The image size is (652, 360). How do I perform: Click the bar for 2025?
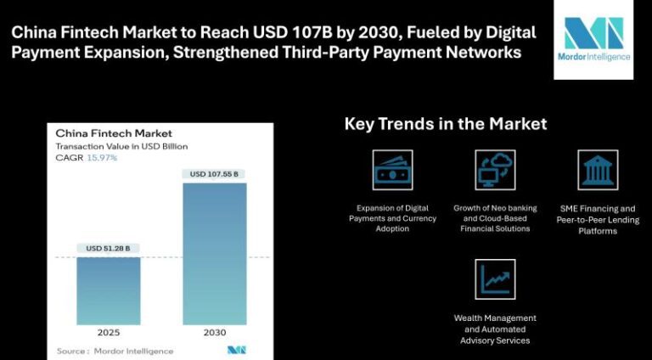pyautogui.click(x=108, y=290)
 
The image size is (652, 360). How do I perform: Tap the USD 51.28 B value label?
pyautogui.click(x=108, y=248)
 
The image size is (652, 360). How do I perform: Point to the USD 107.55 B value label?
pyautogui.click(x=215, y=174)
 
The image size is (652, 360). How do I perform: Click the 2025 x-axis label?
pyautogui.click(x=108, y=333)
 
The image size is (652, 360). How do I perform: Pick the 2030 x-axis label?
pyautogui.click(x=215, y=333)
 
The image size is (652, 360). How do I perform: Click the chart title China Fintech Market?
pyautogui.click(x=114, y=133)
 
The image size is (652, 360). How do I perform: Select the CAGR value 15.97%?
pyautogui.click(x=102, y=158)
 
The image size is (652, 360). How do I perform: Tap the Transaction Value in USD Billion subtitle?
pyautogui.click(x=121, y=146)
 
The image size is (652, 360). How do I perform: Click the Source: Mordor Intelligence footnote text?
pyautogui.click(x=115, y=351)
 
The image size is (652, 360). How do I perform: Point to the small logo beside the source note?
pyautogui.click(x=236, y=350)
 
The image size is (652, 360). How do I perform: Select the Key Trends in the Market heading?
pyautogui.click(x=445, y=124)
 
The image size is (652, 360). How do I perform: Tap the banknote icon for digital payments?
pyautogui.click(x=393, y=170)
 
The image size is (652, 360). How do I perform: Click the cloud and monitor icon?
pyautogui.click(x=495, y=170)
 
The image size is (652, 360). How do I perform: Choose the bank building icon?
pyautogui.click(x=598, y=170)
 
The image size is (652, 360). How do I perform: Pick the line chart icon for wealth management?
pyautogui.click(x=495, y=279)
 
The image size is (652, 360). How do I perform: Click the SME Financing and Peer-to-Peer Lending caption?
pyautogui.click(x=598, y=219)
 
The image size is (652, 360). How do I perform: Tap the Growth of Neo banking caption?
pyautogui.click(x=495, y=218)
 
